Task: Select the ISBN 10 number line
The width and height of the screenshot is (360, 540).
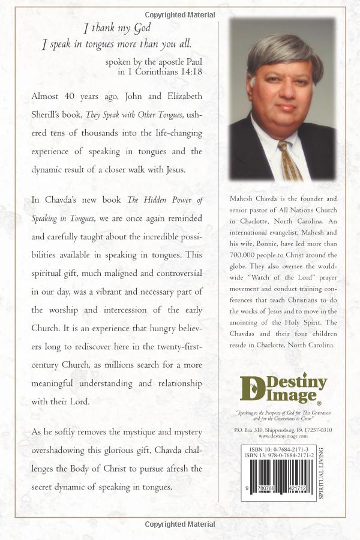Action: (278, 450)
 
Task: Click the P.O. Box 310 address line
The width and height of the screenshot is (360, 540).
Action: (283, 430)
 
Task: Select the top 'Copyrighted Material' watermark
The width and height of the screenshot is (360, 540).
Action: (180, 13)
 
